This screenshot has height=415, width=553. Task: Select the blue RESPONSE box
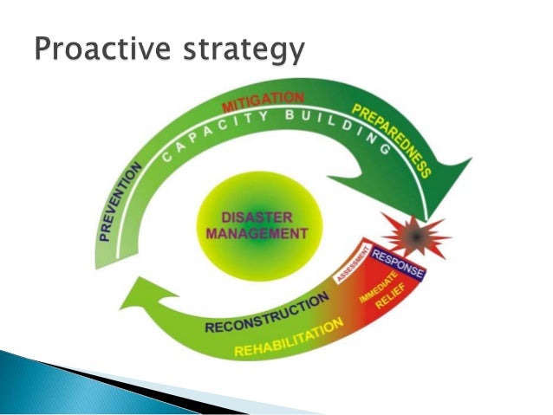tap(397, 262)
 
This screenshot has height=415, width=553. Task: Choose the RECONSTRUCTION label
tap(266, 314)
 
